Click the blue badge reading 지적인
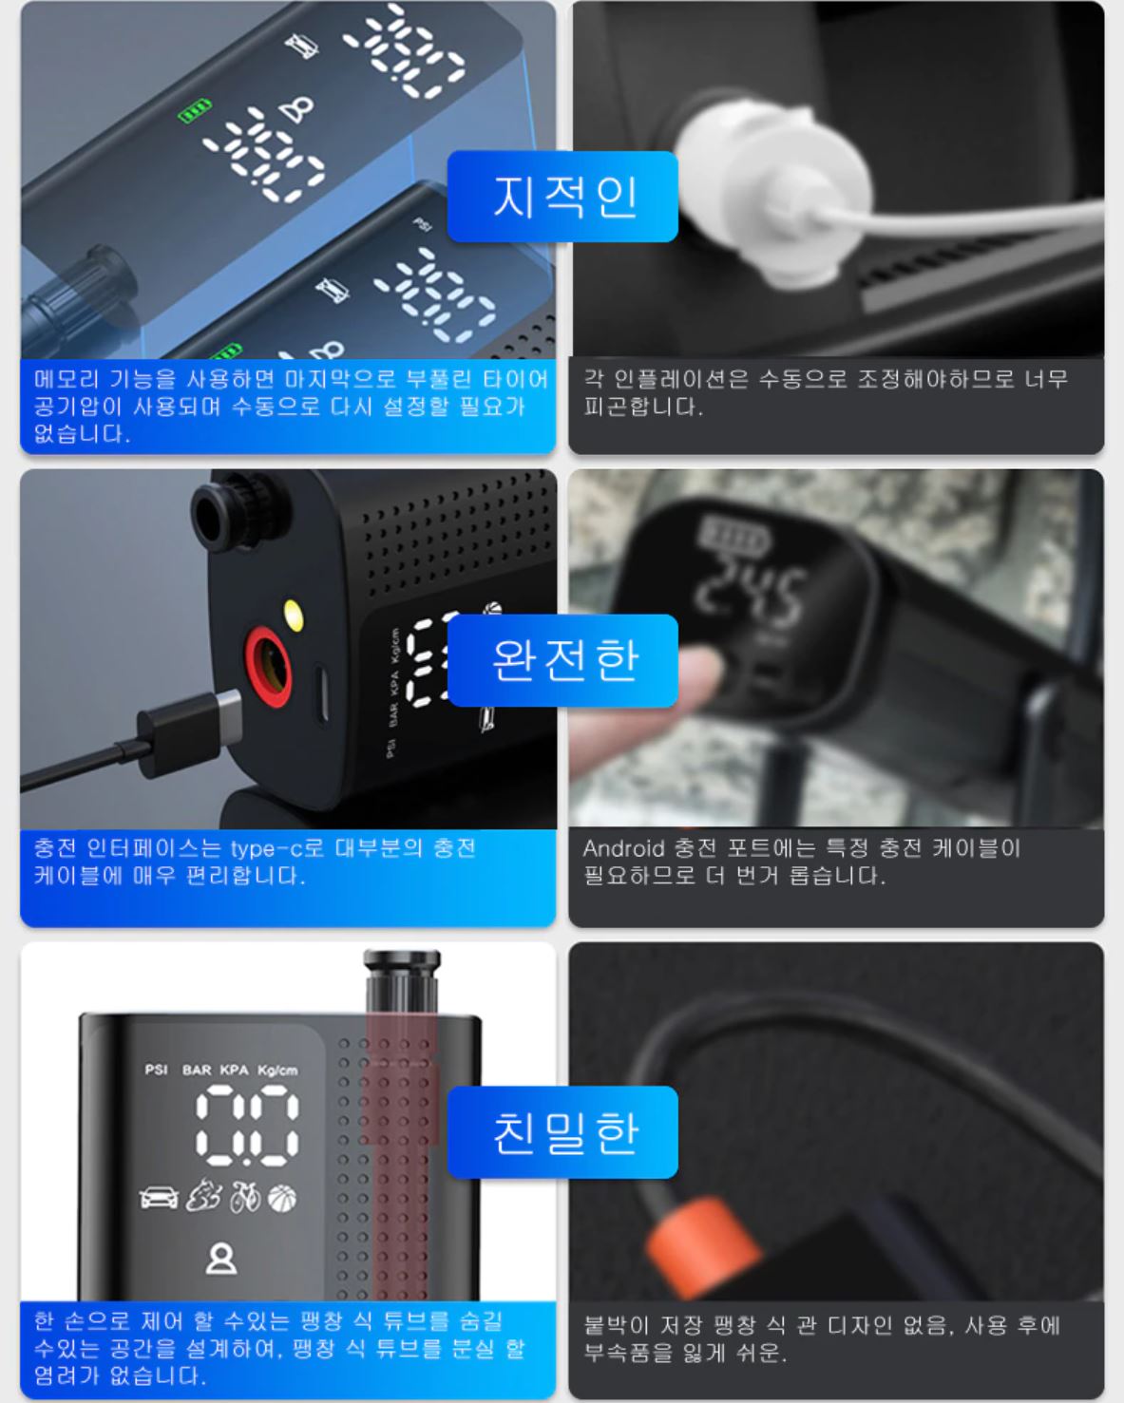562,197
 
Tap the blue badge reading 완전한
562,660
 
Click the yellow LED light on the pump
293,616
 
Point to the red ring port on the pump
268,666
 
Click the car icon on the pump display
160,1198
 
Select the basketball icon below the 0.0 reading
282,1198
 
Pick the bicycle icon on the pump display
245,1198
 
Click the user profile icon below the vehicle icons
221,1258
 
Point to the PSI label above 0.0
156,1070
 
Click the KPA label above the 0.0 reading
234,1070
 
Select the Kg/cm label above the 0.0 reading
277,1071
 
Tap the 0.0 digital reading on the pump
248,1126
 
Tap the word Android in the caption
623,848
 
